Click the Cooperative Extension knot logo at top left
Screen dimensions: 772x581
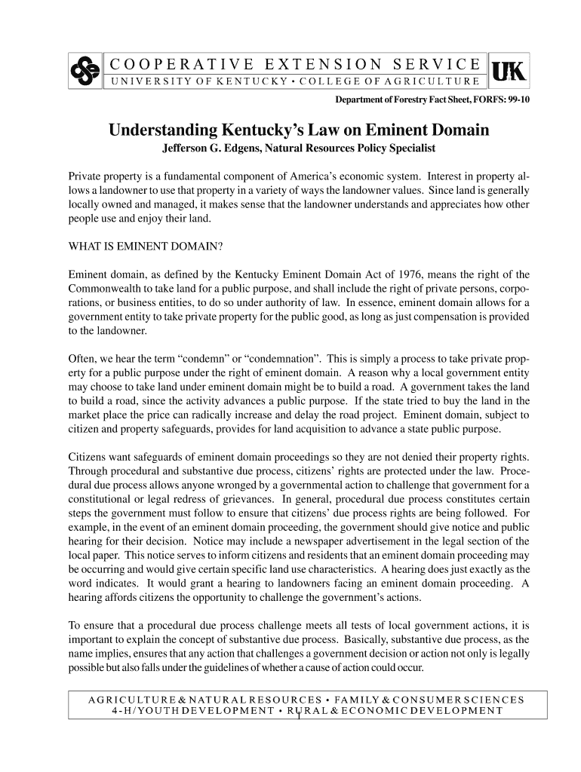tap(85, 71)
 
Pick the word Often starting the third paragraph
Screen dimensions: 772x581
tap(83, 359)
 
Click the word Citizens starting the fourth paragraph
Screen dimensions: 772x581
tap(89, 457)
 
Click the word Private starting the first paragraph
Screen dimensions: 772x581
tap(87, 176)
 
